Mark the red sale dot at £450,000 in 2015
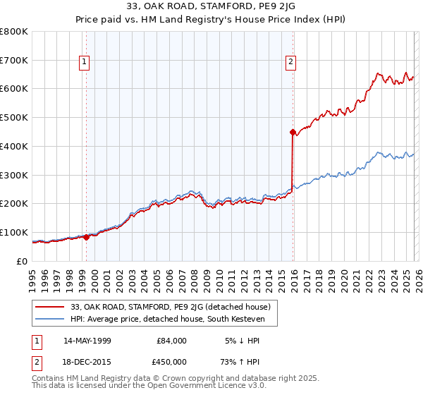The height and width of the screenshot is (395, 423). point(293,131)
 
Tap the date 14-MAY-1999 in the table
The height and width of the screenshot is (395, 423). point(87,341)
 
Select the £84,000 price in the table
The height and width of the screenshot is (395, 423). point(171,341)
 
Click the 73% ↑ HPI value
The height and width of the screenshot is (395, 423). point(241,362)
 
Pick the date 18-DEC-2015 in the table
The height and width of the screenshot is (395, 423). point(87,362)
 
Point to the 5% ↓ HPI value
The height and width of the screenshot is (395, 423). point(241,341)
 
